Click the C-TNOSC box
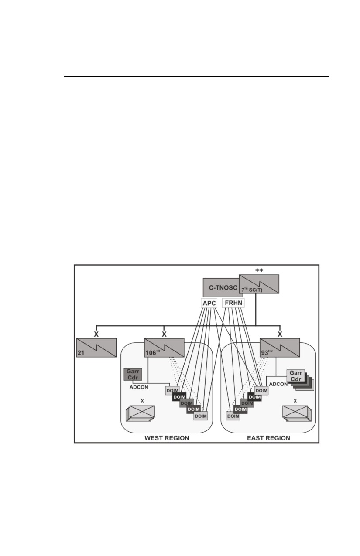coord(223,287)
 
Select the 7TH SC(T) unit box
coord(259,284)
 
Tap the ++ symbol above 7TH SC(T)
coord(259,270)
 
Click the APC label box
coord(209,303)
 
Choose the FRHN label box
coord(233,303)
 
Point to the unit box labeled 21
coord(96,348)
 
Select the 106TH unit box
coord(164,348)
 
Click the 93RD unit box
coord(280,348)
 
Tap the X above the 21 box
coord(96,334)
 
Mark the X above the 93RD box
coord(280,334)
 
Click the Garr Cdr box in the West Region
coord(133,375)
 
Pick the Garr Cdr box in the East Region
coord(296,376)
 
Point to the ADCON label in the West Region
coord(139,387)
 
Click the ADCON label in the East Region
coord(278,384)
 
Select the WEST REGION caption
coord(167,438)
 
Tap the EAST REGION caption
coord(268,438)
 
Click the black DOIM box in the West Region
coord(179,397)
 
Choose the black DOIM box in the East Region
coord(255,397)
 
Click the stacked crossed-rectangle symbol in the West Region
coord(141,413)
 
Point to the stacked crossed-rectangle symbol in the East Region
coord(297,413)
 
